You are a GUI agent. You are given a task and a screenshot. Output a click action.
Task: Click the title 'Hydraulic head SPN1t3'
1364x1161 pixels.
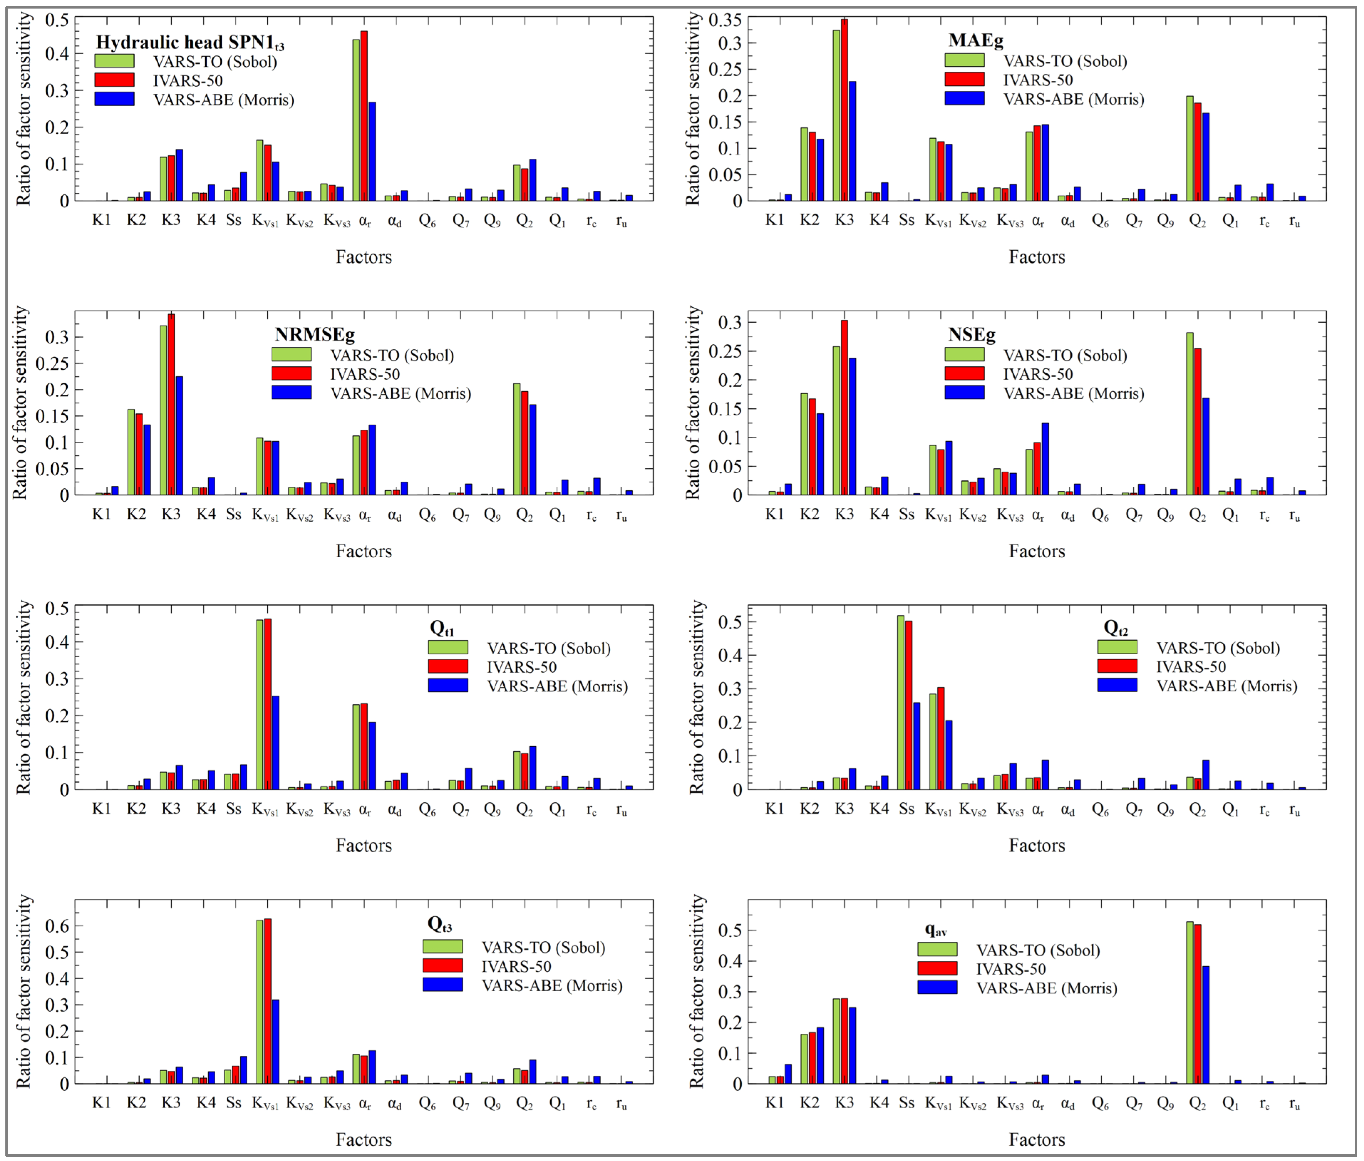pos(190,42)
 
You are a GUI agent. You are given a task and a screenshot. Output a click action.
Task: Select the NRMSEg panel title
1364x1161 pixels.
pos(314,334)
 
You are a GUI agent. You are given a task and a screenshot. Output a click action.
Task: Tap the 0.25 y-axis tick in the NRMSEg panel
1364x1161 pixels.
pos(51,363)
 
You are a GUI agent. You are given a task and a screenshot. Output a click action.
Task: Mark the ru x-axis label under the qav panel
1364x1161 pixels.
pos(1294,1104)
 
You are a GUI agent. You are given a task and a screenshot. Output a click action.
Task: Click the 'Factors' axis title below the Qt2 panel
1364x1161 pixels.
pos(1036,845)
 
